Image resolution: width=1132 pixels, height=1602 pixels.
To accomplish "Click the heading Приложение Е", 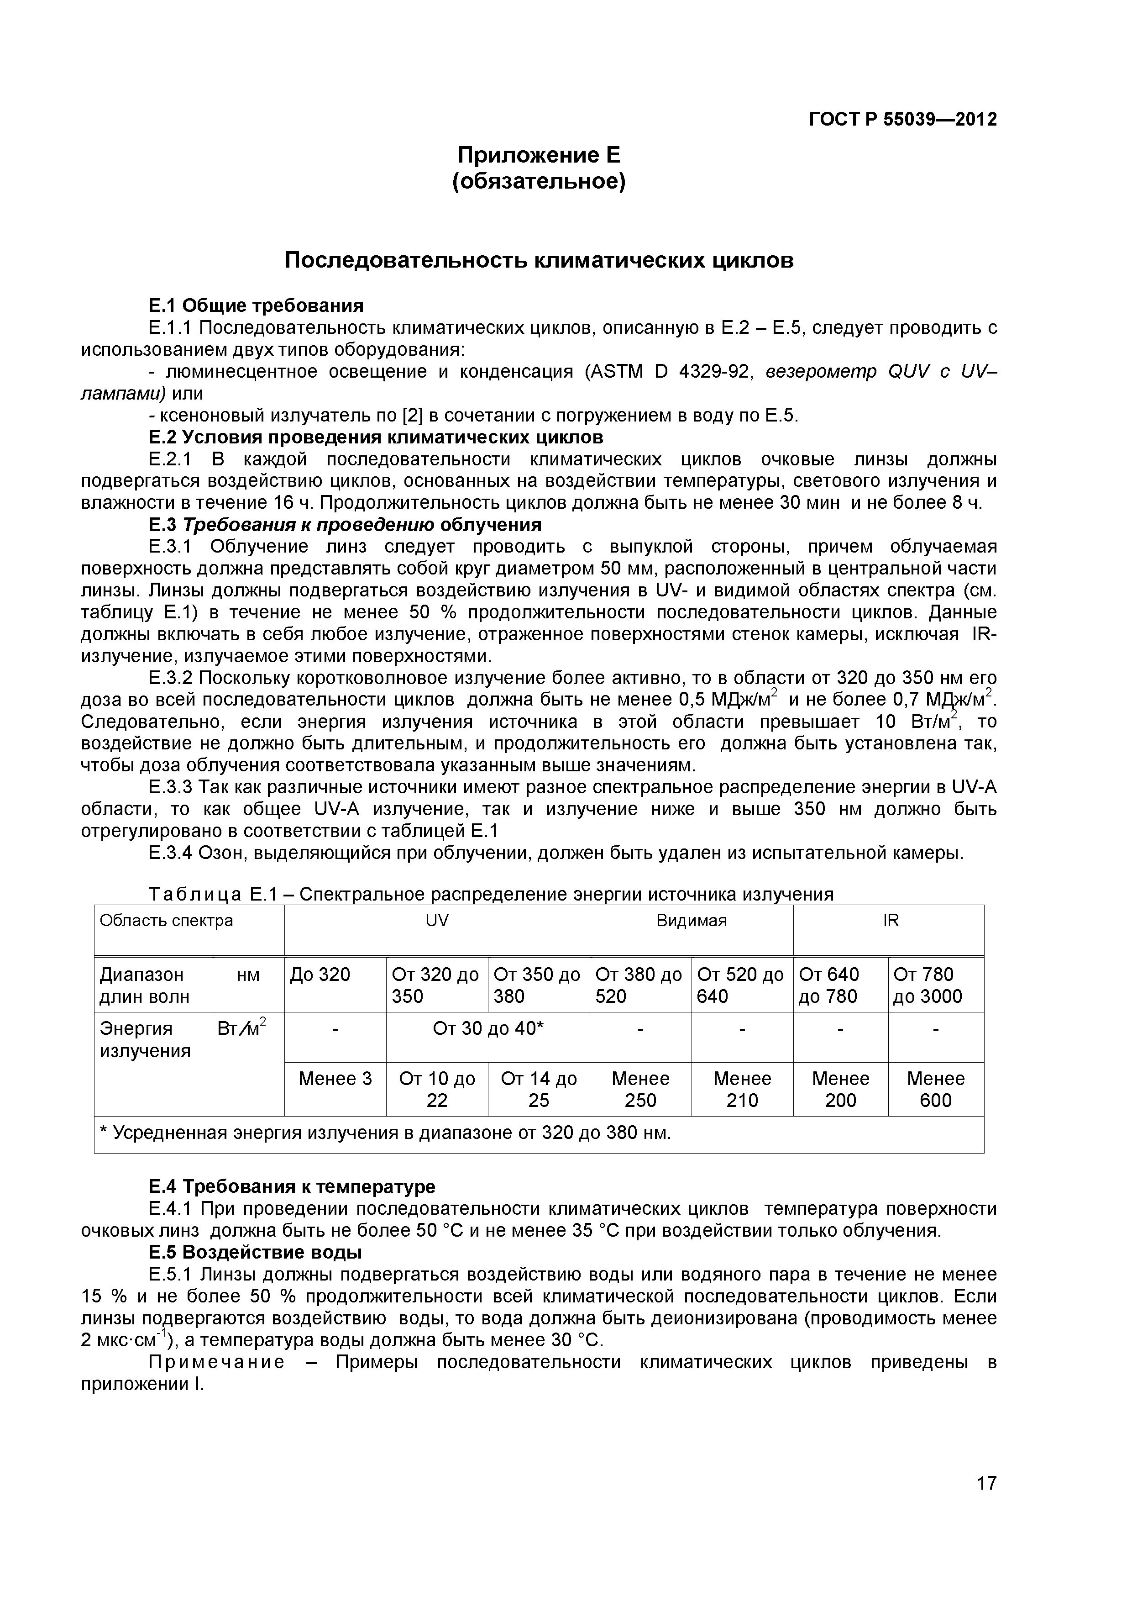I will coord(539,154).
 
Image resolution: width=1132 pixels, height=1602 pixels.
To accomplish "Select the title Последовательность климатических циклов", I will coord(539,260).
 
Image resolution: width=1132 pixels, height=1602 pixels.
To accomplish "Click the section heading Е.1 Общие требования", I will coord(256,306).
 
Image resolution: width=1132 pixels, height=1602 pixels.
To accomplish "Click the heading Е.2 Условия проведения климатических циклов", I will coord(376,437).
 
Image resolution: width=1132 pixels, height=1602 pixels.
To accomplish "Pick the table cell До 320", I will coord(320,975).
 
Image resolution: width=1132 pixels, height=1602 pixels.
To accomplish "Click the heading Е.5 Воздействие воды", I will coord(255,1253).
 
